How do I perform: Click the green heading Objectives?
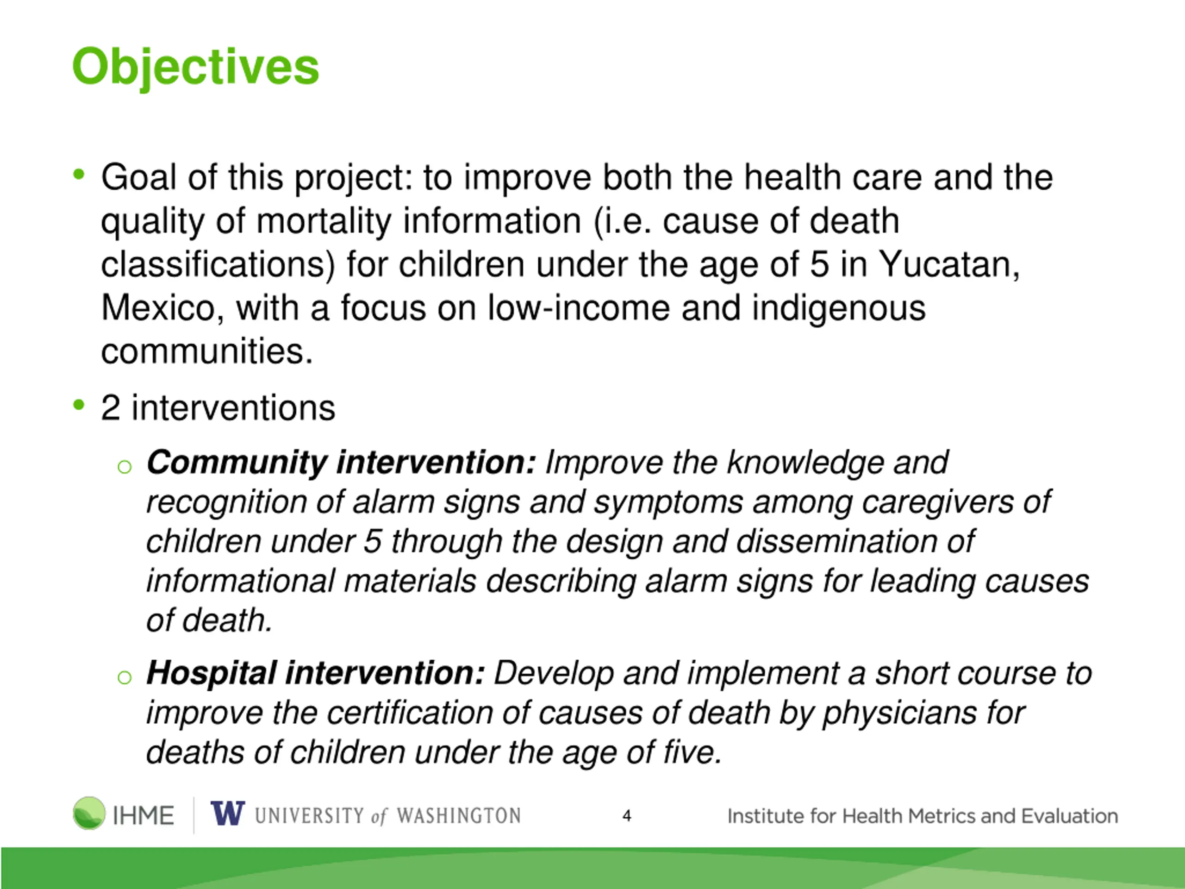(x=195, y=68)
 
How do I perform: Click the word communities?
(x=207, y=351)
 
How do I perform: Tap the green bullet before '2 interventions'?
(x=79, y=405)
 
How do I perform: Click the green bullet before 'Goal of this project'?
(x=79, y=174)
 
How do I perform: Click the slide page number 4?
(x=627, y=815)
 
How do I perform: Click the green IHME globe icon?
(x=89, y=813)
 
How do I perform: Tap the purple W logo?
(x=228, y=813)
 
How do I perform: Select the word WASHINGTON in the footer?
(x=459, y=815)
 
